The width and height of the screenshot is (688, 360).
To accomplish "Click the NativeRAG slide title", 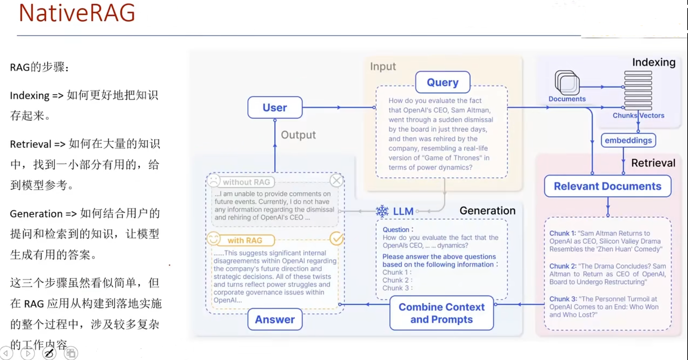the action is point(77,14).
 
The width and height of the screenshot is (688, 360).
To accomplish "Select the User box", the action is point(275,107).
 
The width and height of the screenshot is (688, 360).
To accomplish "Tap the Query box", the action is point(442,82).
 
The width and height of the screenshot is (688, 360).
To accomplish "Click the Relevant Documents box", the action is point(607,186).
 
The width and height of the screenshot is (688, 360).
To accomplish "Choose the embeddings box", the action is point(628,140).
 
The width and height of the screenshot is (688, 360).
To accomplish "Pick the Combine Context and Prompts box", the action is point(441,313).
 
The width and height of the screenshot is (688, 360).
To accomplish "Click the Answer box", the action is point(275,319).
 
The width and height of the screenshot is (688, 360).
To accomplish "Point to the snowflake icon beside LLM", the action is point(382,211).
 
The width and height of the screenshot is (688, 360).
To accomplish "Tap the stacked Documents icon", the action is point(567,83).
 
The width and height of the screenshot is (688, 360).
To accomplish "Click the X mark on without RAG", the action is point(336,181).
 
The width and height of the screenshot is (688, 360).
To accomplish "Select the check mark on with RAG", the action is point(337,239).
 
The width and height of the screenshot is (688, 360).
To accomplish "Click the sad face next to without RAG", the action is point(214,181).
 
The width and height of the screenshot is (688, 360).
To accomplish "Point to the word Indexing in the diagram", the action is point(654,63).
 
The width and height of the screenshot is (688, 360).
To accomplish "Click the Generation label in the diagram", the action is point(487,211).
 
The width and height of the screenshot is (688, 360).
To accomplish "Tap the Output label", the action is point(298,135).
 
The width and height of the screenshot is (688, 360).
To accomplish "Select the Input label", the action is point(383,67).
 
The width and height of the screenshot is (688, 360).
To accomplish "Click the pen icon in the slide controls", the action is point(49,353).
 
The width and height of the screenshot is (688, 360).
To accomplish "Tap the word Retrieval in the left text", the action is point(30,144).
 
